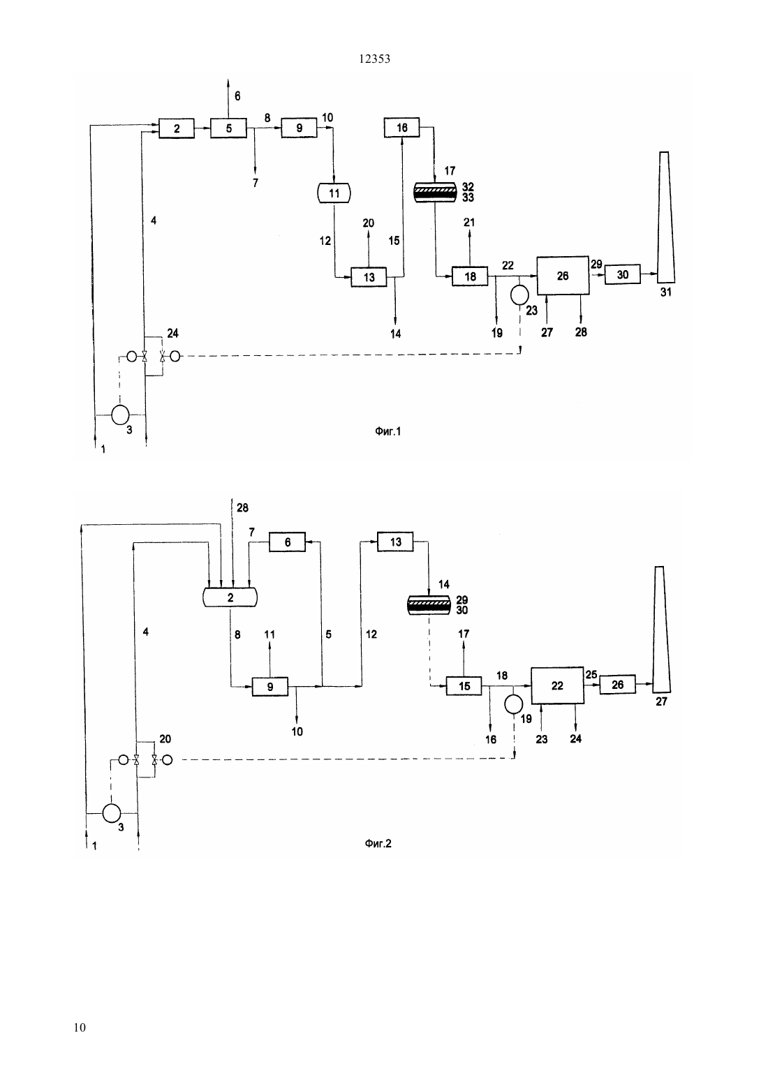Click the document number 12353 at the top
[374, 59]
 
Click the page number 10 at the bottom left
[80, 1027]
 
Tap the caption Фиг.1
[388, 431]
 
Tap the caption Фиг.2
[378, 844]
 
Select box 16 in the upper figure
[402, 128]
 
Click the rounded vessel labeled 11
[334, 193]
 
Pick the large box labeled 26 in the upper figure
[563, 276]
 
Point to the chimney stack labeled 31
[665, 217]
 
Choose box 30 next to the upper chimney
[623, 274]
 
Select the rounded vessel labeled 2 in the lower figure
[230, 597]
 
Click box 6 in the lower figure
[288, 542]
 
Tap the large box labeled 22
[558, 685]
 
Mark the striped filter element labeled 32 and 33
[435, 193]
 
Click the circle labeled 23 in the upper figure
[519, 295]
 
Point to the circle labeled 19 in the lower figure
[514, 704]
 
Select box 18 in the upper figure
[470, 276]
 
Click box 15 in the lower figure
[464, 686]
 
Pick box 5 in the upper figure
[228, 128]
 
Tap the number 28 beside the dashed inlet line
[242, 507]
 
